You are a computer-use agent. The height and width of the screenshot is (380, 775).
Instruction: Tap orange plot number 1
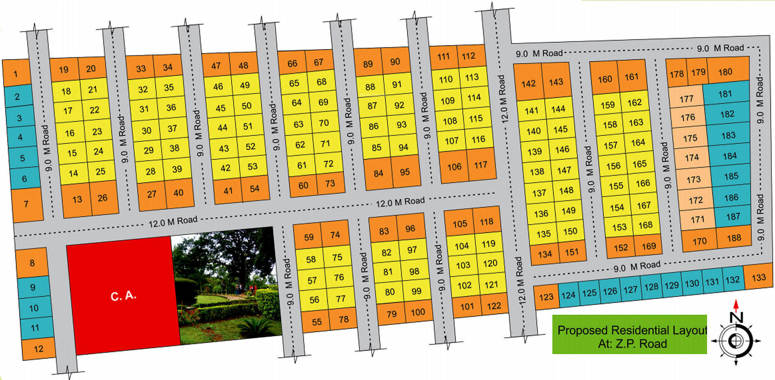[16, 73]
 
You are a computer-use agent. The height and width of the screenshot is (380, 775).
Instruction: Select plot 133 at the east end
[758, 278]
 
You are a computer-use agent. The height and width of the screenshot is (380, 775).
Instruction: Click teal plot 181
[725, 94]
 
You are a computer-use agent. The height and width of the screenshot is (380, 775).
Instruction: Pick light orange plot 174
[692, 158]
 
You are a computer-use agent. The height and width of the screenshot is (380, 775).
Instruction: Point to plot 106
[454, 167]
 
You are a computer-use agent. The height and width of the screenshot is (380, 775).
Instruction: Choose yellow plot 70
[324, 123]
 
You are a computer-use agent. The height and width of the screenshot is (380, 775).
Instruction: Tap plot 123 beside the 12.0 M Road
[546, 297]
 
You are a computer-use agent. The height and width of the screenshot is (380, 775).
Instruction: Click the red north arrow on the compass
[736, 305]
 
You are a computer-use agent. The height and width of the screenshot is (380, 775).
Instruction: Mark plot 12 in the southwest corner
[38, 349]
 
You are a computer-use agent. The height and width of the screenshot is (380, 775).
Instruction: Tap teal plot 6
[24, 178]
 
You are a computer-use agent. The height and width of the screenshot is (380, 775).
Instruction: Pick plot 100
[418, 312]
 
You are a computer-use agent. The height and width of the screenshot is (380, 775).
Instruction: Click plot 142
[528, 84]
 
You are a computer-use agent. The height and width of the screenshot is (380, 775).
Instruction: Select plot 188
[734, 238]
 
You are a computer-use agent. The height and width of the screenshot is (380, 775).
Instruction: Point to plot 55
[316, 322]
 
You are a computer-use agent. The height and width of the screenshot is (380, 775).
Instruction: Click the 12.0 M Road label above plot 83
[400, 202]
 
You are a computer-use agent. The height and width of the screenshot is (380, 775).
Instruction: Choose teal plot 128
[651, 287]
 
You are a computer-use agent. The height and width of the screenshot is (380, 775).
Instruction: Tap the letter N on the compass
[736, 318]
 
